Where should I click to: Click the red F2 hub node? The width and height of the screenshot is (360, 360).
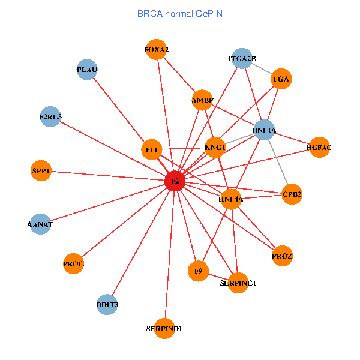point(175,181)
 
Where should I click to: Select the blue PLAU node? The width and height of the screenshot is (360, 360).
point(87,70)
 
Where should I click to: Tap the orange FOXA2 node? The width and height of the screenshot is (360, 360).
point(156,50)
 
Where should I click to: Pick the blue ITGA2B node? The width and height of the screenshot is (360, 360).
point(242,59)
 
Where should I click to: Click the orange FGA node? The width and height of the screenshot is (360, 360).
point(281,79)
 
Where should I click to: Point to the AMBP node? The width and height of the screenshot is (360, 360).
point(202,100)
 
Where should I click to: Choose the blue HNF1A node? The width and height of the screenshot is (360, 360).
point(264,130)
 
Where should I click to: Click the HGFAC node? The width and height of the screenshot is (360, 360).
point(319,147)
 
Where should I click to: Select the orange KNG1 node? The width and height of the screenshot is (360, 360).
point(215,148)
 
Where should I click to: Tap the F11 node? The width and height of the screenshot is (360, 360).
point(152,149)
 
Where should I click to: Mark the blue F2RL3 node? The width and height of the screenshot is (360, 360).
point(50,116)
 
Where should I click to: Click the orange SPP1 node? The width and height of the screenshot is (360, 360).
point(41,172)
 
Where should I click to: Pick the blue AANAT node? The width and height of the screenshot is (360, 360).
point(40,224)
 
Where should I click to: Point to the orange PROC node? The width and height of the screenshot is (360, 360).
point(73,263)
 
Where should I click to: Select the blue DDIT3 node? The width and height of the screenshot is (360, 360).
point(107,305)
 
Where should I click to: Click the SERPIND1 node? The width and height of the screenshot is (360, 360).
point(164,329)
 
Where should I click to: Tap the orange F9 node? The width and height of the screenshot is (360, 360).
point(197,271)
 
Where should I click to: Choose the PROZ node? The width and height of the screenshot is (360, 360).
point(282,256)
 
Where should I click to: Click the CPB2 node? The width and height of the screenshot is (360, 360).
point(292,194)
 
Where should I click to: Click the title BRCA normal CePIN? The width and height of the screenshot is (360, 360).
point(180,13)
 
